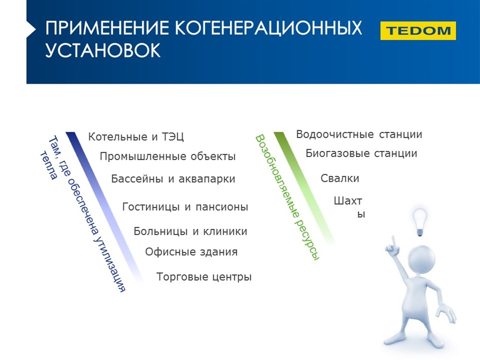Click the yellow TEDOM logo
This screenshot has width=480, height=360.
pos(418,30)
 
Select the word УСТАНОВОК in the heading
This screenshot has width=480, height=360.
pos(103,50)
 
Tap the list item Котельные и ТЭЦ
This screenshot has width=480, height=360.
pos(136,136)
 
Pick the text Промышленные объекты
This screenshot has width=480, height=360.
pos(168,157)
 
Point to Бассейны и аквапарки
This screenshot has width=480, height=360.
pos(173,179)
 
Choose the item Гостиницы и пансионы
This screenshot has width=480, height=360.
pos(185,207)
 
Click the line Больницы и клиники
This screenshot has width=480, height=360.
pos(190,232)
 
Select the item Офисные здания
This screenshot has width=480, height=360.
pos(191,252)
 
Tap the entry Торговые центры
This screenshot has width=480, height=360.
pos(204,277)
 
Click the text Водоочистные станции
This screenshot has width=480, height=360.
pos(359,135)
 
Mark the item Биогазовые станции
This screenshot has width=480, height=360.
pos(361,153)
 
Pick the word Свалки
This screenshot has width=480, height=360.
pos(340,178)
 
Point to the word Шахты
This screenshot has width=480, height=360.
pos(349,207)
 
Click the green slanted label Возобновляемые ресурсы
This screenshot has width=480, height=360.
pos(287,197)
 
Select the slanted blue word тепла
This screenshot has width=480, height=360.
pos(49,165)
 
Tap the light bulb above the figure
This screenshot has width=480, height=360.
pos(420,222)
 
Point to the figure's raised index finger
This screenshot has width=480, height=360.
pos(394,242)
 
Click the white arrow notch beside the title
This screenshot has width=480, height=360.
pos(31,29)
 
